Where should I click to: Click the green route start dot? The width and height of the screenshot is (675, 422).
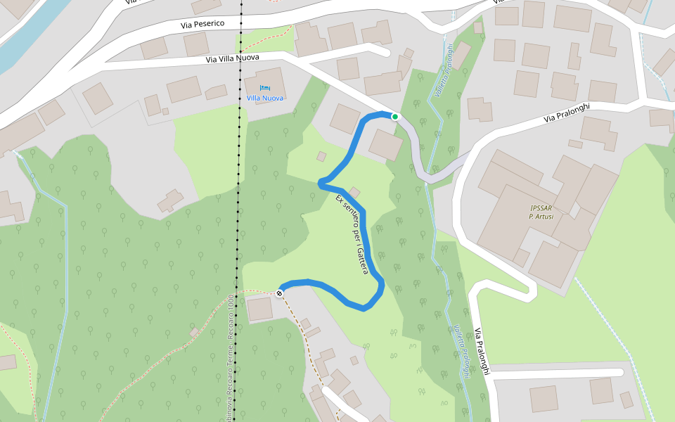[395, 117]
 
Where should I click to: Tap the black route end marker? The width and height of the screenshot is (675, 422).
[280, 293]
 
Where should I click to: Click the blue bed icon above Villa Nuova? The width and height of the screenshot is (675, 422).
[264, 88]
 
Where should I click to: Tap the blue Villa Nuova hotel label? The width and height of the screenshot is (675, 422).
[264, 98]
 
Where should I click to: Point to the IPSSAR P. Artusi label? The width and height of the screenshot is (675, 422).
[541, 212]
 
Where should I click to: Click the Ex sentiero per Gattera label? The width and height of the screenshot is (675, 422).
[352, 234]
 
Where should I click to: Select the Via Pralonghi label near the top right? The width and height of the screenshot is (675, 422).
[567, 113]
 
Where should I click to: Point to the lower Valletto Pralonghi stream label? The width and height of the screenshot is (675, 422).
[462, 351]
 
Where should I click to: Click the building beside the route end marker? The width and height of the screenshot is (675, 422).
[259, 309]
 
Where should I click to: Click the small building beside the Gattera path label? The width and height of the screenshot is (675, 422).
[354, 192]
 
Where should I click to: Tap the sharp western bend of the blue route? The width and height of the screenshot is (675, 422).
[321, 184]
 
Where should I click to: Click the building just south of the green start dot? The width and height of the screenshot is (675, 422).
[385, 145]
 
